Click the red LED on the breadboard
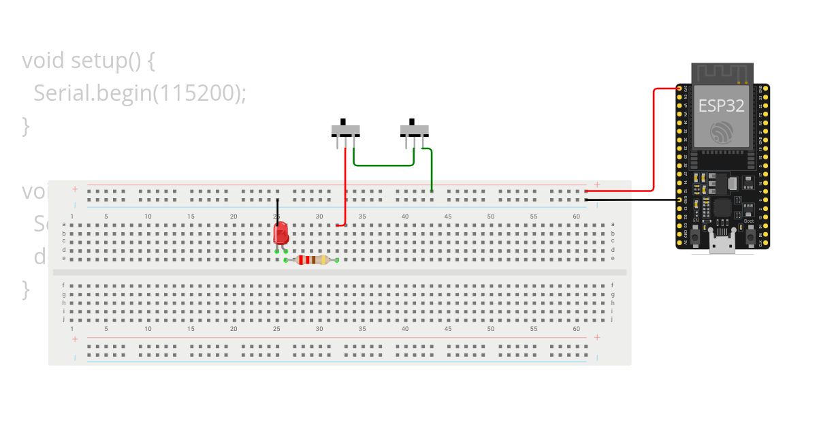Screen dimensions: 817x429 (281, 234)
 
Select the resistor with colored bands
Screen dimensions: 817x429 (311, 259)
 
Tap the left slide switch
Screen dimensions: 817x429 (345, 129)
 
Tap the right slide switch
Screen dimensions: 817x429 (415, 129)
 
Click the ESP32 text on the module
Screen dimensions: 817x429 (721, 106)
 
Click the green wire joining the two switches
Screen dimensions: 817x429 (384, 165)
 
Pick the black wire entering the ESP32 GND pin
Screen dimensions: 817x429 (633, 200)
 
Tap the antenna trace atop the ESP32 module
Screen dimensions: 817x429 (722, 72)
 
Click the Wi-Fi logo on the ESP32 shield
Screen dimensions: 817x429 (722, 133)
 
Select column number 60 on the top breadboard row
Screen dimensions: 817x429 (576, 217)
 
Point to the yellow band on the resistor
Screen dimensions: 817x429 (323, 259)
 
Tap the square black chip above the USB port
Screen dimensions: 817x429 (722, 208)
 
